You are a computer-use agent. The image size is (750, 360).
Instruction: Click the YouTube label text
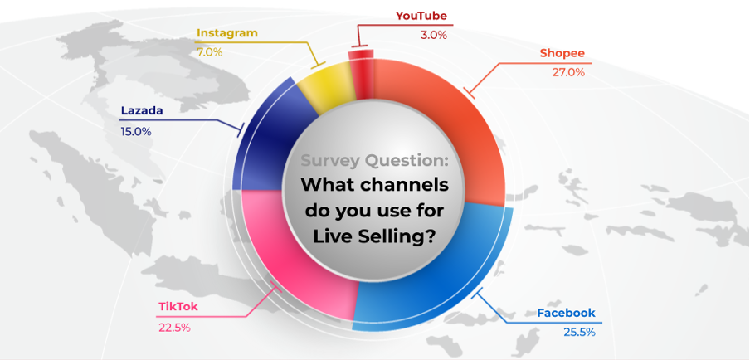click(x=421, y=16)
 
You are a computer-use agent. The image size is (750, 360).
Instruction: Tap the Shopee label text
click(x=562, y=53)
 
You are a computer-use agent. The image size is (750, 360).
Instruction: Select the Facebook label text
click(x=566, y=314)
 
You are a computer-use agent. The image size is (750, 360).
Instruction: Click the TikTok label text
click(x=178, y=307)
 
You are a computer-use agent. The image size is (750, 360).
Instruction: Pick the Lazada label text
click(x=142, y=111)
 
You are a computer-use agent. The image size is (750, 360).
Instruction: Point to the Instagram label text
click(x=227, y=33)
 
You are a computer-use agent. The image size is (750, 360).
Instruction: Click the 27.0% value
click(x=568, y=73)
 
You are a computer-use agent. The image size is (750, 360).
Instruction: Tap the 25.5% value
click(x=579, y=333)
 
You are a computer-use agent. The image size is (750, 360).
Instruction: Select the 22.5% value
click(x=174, y=328)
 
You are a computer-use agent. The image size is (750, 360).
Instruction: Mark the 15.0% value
click(x=136, y=131)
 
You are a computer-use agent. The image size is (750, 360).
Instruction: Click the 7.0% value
click(x=210, y=52)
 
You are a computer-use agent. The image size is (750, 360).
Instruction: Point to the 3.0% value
click(x=434, y=35)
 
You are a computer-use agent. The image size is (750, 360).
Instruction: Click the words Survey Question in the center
click(x=375, y=161)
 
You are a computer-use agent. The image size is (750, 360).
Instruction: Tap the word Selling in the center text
click(x=394, y=236)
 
